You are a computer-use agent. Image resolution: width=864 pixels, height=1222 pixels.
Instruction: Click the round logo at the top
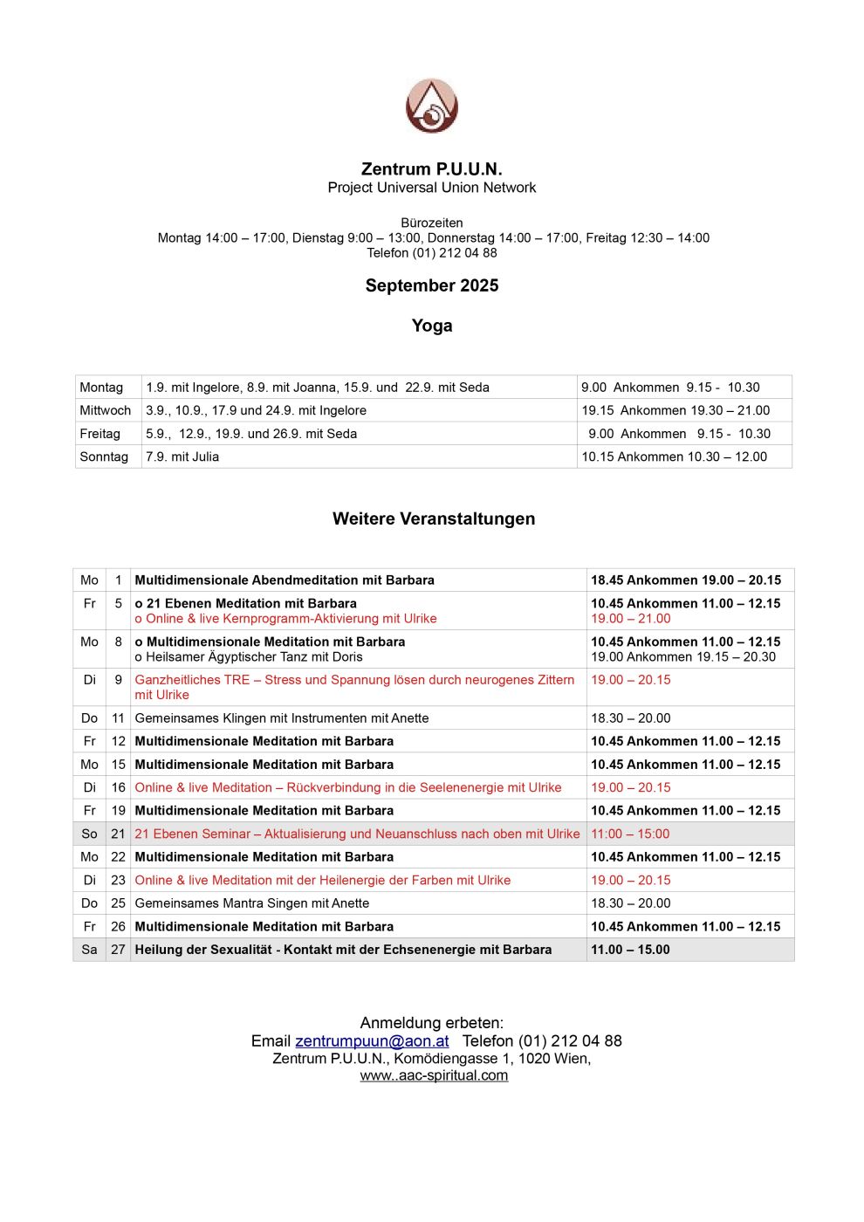(x=432, y=106)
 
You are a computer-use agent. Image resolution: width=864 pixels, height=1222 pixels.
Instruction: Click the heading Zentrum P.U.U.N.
(x=432, y=169)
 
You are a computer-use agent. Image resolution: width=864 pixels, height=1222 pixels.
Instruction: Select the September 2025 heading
(x=432, y=285)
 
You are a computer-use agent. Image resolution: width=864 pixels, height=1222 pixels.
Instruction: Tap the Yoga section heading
(x=432, y=326)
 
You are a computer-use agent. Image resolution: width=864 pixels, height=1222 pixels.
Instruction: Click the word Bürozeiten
(x=432, y=223)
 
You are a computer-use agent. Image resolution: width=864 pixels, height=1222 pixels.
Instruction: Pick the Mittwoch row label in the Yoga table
(x=106, y=410)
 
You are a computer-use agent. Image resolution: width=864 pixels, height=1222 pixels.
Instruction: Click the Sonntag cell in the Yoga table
(x=104, y=457)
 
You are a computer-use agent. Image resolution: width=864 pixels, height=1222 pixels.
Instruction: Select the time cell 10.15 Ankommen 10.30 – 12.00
(x=675, y=457)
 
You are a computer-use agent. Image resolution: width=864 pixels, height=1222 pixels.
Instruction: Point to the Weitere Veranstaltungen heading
(x=434, y=518)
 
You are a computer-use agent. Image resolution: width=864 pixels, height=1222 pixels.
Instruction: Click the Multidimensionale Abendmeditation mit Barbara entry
(x=285, y=580)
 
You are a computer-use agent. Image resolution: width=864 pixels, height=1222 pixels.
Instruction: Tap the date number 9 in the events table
(x=119, y=679)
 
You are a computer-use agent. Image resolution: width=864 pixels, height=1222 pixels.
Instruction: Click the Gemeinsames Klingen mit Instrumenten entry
(x=282, y=717)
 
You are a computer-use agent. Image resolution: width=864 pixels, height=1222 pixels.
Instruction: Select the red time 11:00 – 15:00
(x=630, y=834)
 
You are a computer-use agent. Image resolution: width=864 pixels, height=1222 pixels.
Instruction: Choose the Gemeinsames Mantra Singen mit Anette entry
(x=252, y=903)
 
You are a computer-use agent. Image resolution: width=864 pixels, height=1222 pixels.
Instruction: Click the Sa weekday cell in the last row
(x=89, y=949)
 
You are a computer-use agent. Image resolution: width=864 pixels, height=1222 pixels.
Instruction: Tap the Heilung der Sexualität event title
(x=343, y=949)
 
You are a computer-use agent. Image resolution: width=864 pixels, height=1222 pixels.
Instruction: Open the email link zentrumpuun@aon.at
(x=372, y=1040)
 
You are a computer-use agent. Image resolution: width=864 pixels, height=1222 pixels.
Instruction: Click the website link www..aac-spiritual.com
(x=434, y=1075)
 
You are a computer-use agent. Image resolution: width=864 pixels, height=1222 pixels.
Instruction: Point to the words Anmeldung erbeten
(x=432, y=1022)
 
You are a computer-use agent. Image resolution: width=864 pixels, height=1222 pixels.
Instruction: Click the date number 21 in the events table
(x=119, y=834)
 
